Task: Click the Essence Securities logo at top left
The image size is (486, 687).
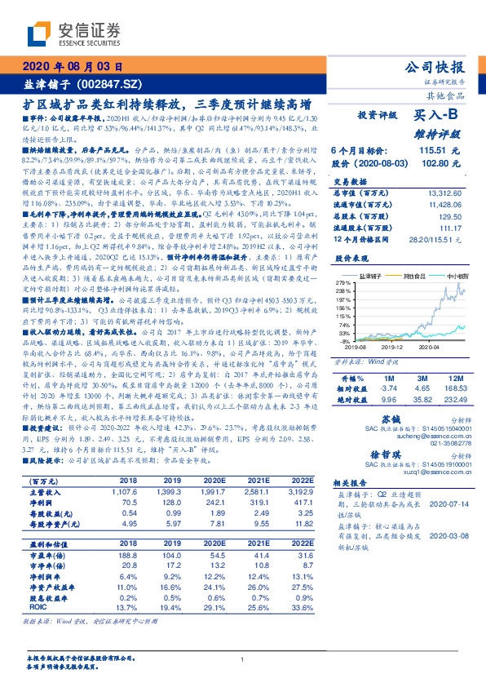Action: tap(73, 33)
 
